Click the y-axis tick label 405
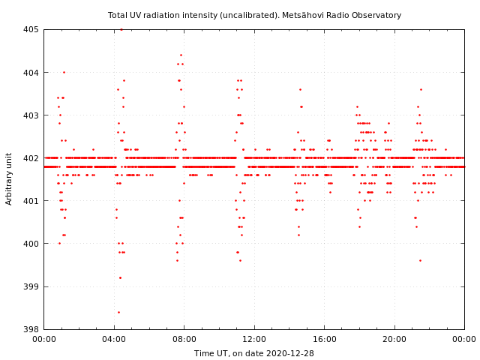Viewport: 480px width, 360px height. [x=30, y=30]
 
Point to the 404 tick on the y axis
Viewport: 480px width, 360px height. [x=30, y=73]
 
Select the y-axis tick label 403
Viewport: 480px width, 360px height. [x=30, y=115]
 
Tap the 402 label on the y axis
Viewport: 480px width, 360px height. [x=30, y=158]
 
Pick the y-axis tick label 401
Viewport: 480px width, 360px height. [x=30, y=201]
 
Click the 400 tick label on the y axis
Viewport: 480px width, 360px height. [x=30, y=244]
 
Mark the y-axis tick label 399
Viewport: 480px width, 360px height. [x=30, y=286]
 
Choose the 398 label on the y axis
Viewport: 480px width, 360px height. [x=30, y=329]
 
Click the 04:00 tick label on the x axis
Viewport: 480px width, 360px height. [x=114, y=340]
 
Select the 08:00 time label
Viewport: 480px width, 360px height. [x=184, y=340]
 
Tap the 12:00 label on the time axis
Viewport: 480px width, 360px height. [x=254, y=340]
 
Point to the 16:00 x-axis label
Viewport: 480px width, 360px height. [x=324, y=340]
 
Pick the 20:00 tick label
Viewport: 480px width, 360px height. [x=394, y=340]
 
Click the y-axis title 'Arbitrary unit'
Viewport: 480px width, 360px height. [x=10, y=178]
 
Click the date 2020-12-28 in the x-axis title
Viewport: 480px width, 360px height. [x=290, y=353]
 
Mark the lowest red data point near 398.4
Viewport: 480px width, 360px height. [x=118, y=312]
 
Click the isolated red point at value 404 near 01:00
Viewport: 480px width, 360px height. [x=64, y=73]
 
